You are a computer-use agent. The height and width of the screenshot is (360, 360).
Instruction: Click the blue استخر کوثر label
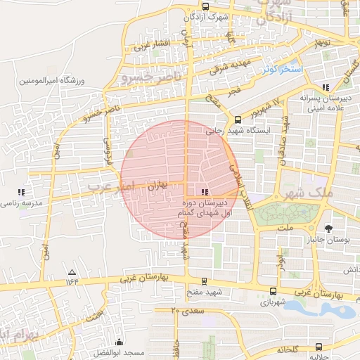[x=282, y=70]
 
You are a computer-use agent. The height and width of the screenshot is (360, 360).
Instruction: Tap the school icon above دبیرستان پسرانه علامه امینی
[x=325, y=87]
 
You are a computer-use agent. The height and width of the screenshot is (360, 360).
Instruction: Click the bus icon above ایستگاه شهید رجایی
[x=238, y=120]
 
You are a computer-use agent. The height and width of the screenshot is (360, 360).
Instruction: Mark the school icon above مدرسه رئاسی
[x=20, y=192]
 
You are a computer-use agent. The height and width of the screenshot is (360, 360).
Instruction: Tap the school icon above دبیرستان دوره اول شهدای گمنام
[x=205, y=192]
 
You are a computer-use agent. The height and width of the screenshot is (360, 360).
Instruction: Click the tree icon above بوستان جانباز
[x=328, y=229]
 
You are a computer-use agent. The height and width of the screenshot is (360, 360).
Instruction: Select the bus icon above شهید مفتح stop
[x=204, y=281]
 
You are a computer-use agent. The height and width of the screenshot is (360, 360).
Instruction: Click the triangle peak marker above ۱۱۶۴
[x=71, y=271]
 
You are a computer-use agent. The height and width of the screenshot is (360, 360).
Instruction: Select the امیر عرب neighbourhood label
[x=109, y=186]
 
